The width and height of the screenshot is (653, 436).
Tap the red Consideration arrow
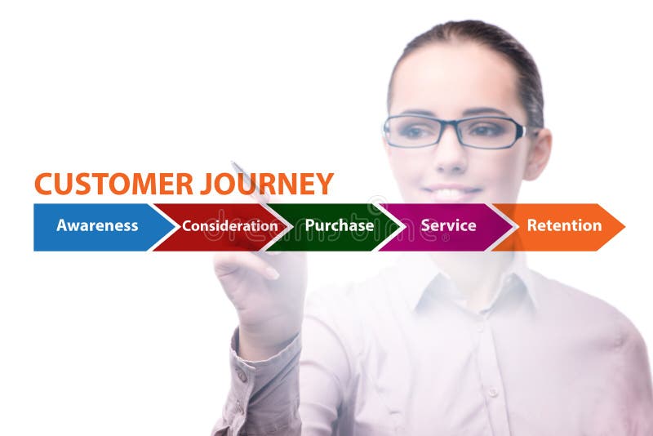click(224, 226)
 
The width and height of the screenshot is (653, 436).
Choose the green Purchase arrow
click(339, 226)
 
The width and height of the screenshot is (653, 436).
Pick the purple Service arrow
click(448, 226)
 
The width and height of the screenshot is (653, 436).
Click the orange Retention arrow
click(563, 226)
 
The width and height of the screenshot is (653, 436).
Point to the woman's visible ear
click(538, 152)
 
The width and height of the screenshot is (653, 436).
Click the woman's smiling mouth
click(453, 193)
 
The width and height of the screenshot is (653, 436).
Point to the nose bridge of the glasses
click(452, 127)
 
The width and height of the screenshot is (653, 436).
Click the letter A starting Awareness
click(62, 226)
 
